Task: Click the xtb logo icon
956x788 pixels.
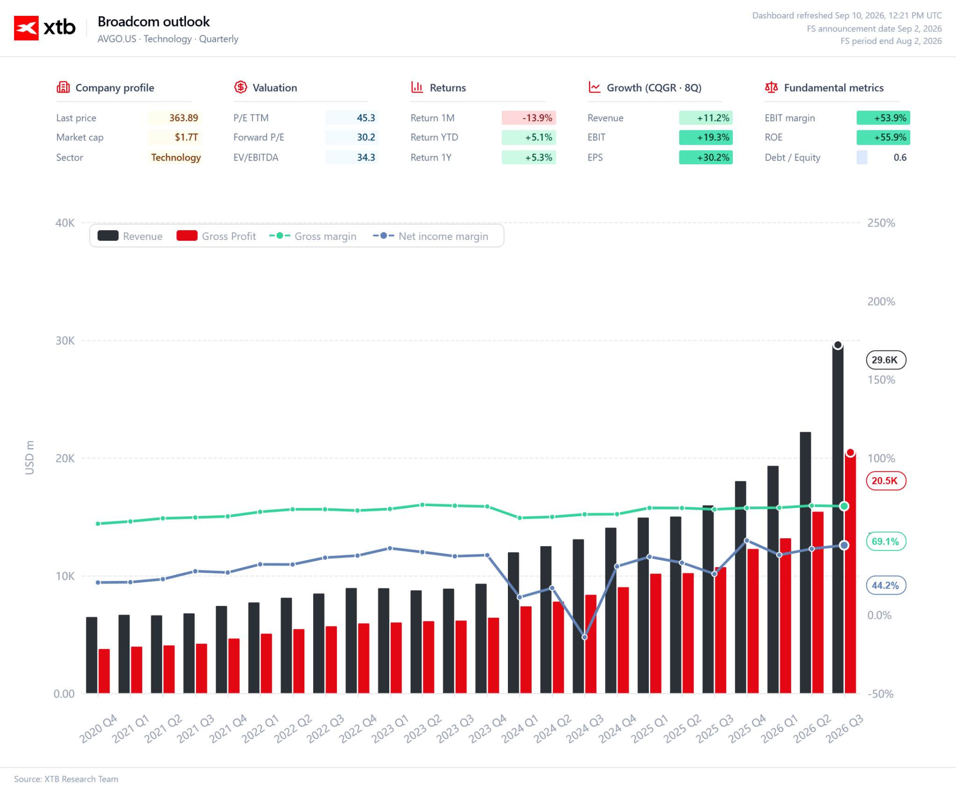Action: click(x=26, y=28)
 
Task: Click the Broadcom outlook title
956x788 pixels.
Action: click(x=154, y=21)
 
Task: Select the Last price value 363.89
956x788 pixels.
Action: click(x=183, y=118)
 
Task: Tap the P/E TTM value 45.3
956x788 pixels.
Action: click(x=366, y=118)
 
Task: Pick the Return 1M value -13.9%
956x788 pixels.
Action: click(x=537, y=118)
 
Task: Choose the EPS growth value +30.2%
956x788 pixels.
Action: click(x=713, y=157)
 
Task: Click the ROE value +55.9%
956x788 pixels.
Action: click(x=890, y=137)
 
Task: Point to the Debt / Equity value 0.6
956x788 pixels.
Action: click(x=900, y=157)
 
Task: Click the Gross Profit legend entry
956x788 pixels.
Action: click(x=216, y=236)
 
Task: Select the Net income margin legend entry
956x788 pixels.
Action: click(x=430, y=236)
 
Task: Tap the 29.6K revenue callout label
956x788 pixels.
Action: click(x=886, y=360)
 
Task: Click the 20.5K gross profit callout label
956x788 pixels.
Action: click(x=886, y=481)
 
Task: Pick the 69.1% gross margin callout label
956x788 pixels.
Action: click(x=886, y=542)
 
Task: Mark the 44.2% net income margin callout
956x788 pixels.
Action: click(x=886, y=585)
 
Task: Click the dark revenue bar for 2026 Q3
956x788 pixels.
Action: click(x=838, y=519)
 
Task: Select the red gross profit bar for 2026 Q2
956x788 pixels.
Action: click(x=818, y=602)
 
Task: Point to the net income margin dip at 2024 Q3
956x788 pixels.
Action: click(x=584, y=637)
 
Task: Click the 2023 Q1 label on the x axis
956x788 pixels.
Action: click(x=390, y=728)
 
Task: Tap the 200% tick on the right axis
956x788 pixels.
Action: click(x=881, y=302)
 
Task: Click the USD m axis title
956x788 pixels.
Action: click(x=30, y=457)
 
